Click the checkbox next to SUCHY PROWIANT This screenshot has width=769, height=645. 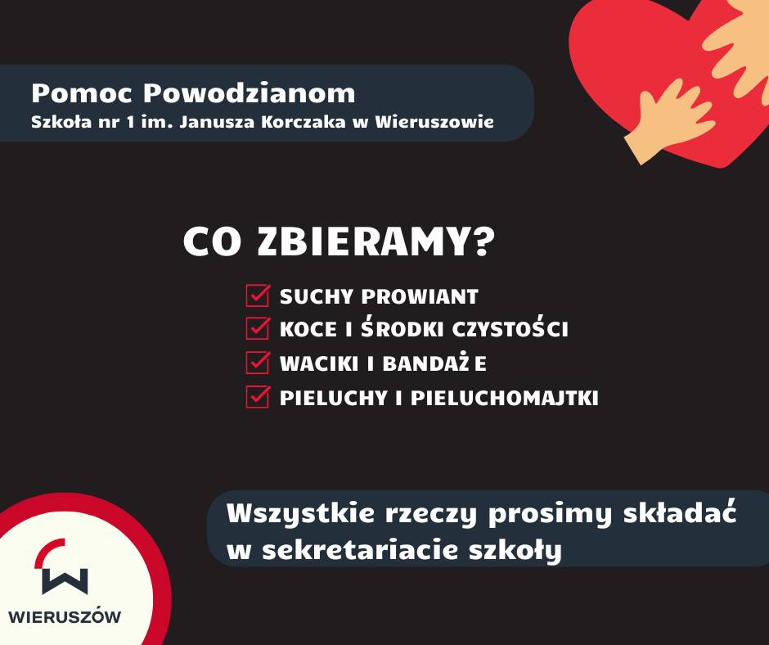[x=258, y=295]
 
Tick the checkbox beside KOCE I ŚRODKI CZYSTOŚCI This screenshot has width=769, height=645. [x=258, y=328]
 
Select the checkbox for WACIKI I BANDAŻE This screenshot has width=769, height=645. [x=258, y=363]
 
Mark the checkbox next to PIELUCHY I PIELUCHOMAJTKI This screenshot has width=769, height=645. [x=258, y=397]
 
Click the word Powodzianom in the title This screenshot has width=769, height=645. [x=250, y=93]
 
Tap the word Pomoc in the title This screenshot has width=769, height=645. [x=82, y=93]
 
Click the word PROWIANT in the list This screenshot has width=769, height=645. [x=420, y=296]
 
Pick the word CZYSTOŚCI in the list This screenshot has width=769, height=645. [x=510, y=329]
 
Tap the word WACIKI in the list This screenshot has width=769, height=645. [x=319, y=363]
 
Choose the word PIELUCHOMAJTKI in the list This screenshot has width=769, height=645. [x=505, y=398]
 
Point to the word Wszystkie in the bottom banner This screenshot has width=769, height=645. [x=301, y=513]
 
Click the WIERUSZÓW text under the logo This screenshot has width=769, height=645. [x=65, y=617]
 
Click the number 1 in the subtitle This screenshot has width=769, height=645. [x=130, y=122]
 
